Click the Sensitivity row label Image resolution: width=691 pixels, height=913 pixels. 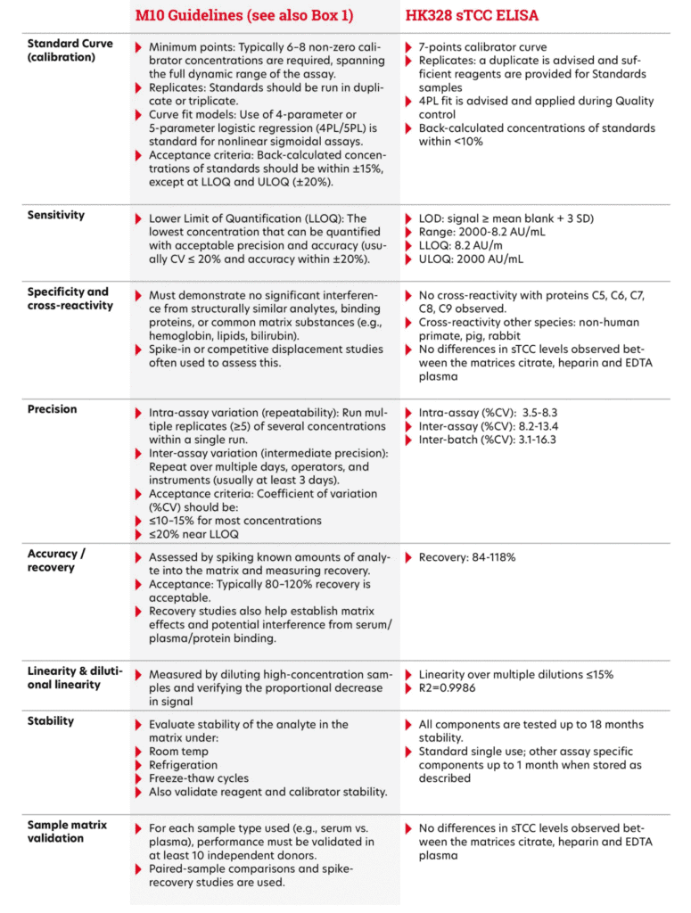point(56,215)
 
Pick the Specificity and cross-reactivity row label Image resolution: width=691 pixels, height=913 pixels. point(68,298)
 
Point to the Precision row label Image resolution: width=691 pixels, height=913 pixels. point(53,409)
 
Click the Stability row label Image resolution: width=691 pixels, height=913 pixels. point(51,720)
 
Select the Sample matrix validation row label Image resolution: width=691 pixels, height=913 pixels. point(67,832)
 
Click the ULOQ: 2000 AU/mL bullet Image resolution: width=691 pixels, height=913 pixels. point(471,259)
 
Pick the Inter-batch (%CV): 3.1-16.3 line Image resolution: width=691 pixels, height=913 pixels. point(488,440)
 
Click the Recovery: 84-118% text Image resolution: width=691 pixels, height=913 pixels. point(467,557)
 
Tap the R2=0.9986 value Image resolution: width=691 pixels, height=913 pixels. point(456,688)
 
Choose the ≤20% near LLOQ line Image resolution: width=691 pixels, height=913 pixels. point(195,534)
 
